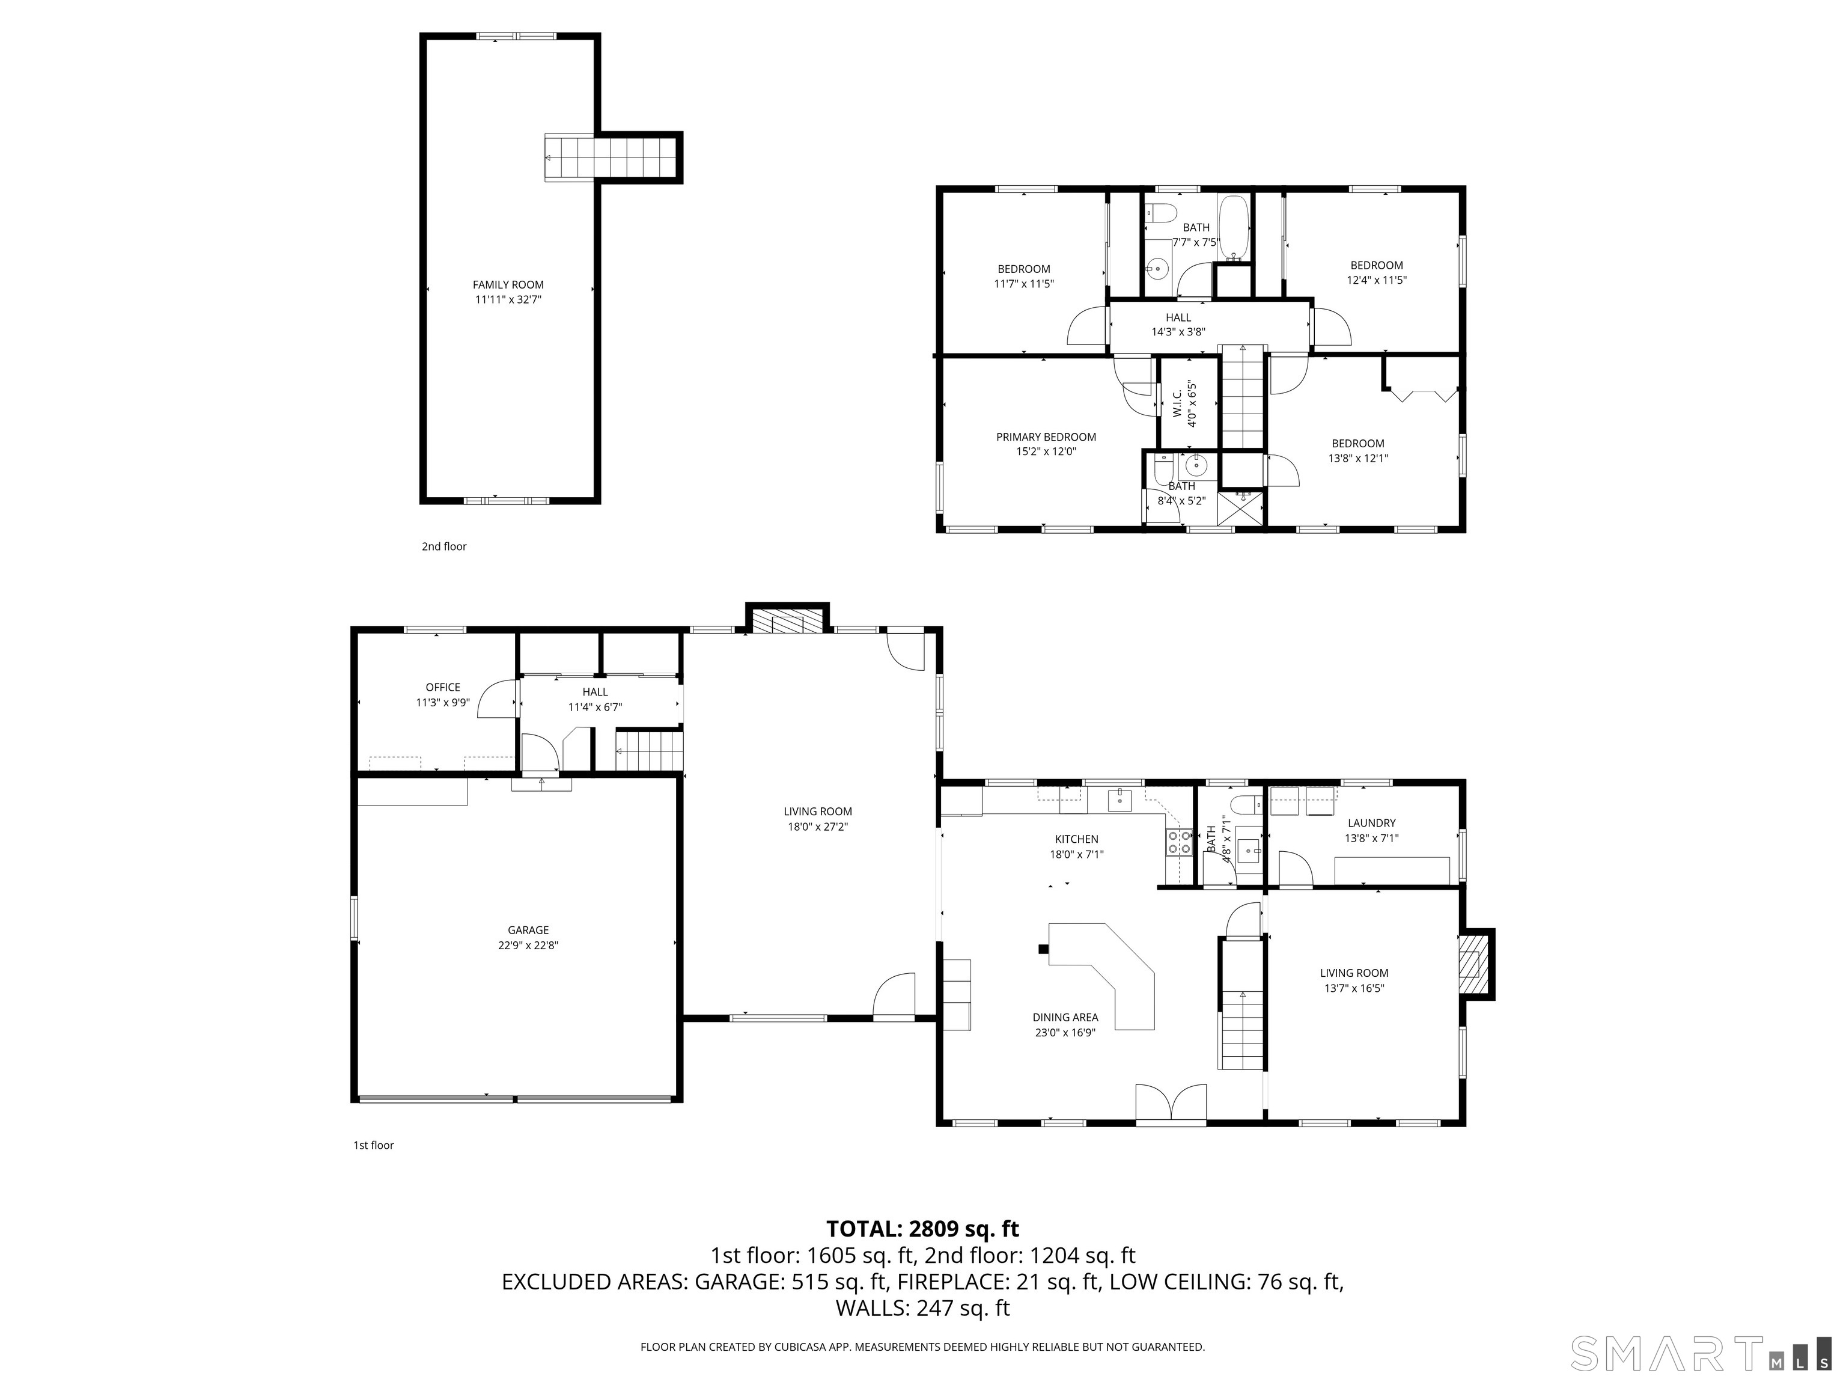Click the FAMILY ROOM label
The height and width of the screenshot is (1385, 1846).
tap(508, 285)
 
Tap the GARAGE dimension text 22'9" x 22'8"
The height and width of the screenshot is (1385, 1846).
tap(528, 946)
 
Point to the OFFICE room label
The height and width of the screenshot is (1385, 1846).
tap(443, 687)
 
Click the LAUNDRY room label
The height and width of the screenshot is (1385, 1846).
tap(1371, 822)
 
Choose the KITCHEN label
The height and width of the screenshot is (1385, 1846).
tap(1077, 839)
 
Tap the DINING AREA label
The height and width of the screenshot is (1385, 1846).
tap(1065, 1017)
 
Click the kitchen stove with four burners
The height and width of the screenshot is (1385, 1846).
tap(1178, 842)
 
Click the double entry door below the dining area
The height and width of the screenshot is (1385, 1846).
tap(1171, 1103)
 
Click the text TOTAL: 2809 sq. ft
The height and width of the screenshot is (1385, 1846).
tap(922, 1229)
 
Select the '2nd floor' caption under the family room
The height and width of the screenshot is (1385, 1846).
tap(444, 547)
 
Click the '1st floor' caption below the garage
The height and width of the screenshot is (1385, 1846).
tap(373, 1145)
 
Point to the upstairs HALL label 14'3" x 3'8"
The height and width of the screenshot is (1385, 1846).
tap(1178, 324)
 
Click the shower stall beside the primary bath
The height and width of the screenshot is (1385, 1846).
tap(1240, 509)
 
